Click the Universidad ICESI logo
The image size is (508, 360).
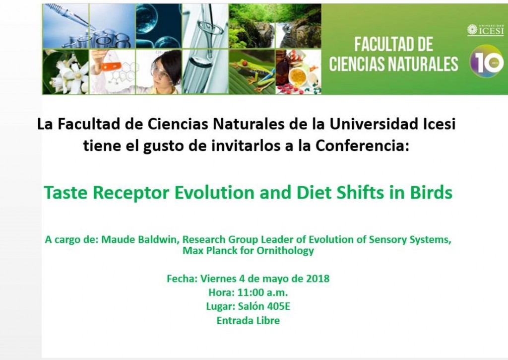(485, 30)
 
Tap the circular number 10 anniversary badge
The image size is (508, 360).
(487, 63)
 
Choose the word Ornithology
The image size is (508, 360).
(285, 251)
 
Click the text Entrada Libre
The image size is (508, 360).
(248, 320)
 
